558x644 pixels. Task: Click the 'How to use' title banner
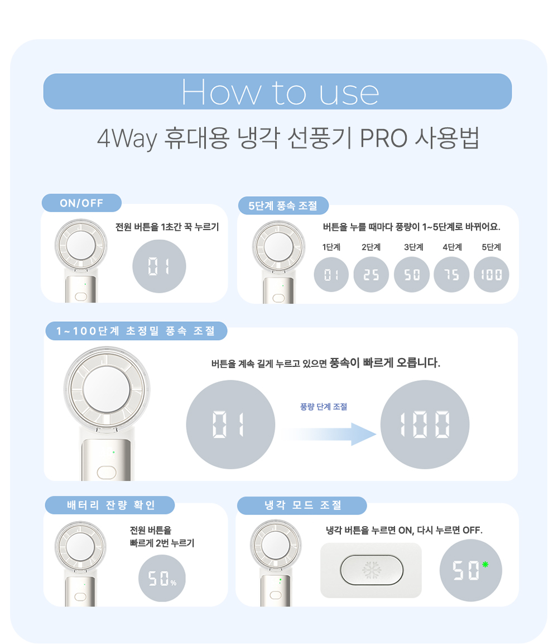[x=278, y=92]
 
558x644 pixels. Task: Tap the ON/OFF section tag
[x=81, y=203]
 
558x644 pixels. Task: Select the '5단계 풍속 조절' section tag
[x=283, y=206]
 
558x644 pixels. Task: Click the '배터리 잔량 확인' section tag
[x=110, y=505]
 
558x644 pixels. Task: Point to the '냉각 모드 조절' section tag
[x=302, y=505]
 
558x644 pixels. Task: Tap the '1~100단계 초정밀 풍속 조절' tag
[x=136, y=331]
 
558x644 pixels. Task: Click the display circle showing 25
[x=371, y=275]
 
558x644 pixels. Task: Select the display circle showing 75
[x=451, y=275]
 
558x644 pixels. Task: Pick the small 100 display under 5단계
[x=491, y=275]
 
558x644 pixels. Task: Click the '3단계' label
[x=413, y=247]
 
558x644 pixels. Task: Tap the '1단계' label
[x=331, y=247]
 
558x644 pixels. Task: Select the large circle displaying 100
[x=425, y=424]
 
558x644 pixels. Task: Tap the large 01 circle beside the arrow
[x=230, y=424]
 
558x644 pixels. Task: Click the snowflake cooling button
[x=372, y=570]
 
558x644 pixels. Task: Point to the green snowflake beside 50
[x=485, y=565]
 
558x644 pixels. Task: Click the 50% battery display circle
[x=162, y=578]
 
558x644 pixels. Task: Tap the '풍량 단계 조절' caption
[x=324, y=407]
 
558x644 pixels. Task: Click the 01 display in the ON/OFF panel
[x=159, y=266]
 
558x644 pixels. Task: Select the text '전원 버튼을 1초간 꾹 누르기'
[x=167, y=227]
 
